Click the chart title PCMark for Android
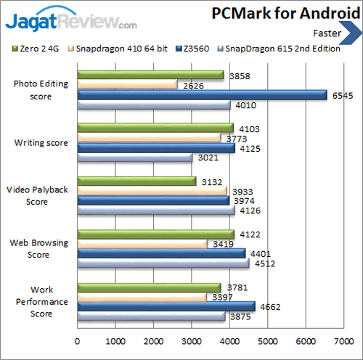pyautogui.click(x=282, y=14)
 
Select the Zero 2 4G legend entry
pyautogui.click(x=38, y=49)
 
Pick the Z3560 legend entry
pyautogui.click(x=195, y=49)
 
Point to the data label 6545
pyautogui.click(x=341, y=95)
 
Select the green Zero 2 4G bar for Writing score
pyautogui.click(x=155, y=128)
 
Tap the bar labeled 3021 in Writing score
pyautogui.click(x=134, y=157)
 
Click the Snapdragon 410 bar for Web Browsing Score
pyautogui.click(x=142, y=244)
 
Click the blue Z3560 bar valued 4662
pyautogui.click(x=166, y=306)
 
